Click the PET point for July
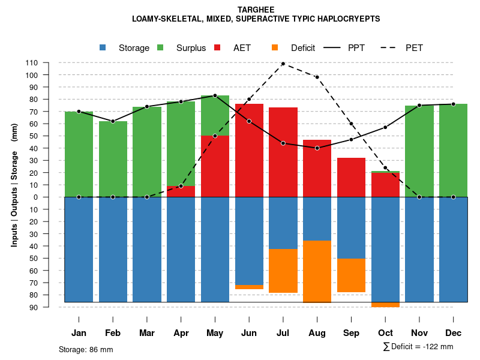tap(283, 64)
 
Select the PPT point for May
tap(215, 95)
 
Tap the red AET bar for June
tap(249, 150)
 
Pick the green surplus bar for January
tap(79, 154)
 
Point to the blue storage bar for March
tap(147, 249)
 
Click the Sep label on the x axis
tap(351, 333)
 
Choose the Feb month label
tap(113, 333)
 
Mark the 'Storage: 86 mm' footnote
tap(86, 349)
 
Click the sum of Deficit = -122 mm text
tap(418, 347)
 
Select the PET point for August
tap(317, 77)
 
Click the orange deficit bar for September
tap(351, 275)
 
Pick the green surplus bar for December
tap(453, 150)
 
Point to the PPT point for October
tap(385, 127)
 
